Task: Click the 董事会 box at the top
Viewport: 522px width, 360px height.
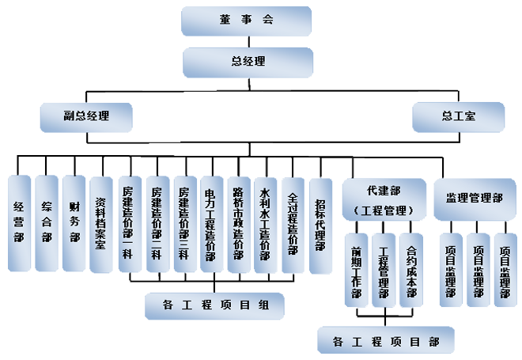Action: [247, 20]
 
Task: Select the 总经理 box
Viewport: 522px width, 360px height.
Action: [248, 61]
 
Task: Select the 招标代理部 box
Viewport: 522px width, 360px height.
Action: [320, 224]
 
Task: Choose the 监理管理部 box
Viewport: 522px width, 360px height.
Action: [474, 198]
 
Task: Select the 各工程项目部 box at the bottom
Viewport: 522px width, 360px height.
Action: [385, 341]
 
